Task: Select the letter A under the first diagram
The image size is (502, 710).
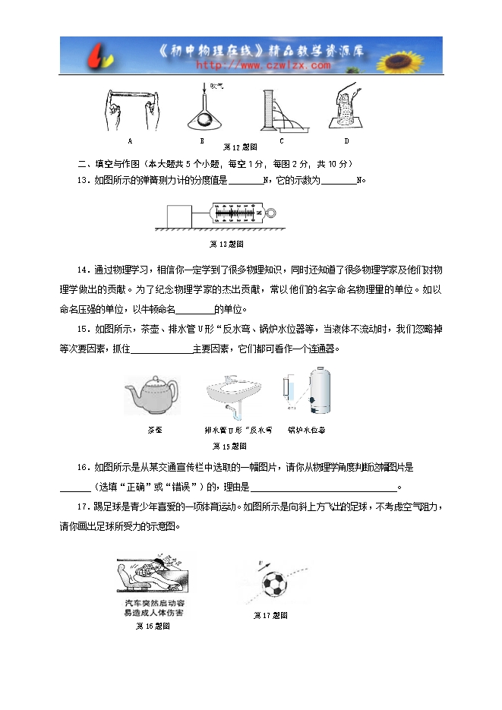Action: pyautogui.click(x=130, y=140)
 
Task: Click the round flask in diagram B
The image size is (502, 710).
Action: pyautogui.click(x=203, y=120)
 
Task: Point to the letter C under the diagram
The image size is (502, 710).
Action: pyautogui.click(x=281, y=140)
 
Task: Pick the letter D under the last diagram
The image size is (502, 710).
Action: pyautogui.click(x=346, y=140)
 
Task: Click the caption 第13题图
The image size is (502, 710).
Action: pyautogui.click(x=226, y=244)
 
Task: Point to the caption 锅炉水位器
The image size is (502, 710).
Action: pyautogui.click(x=307, y=430)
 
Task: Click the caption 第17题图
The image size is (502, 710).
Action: pyautogui.click(x=270, y=616)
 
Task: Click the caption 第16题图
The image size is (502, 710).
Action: pyautogui.click(x=152, y=626)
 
